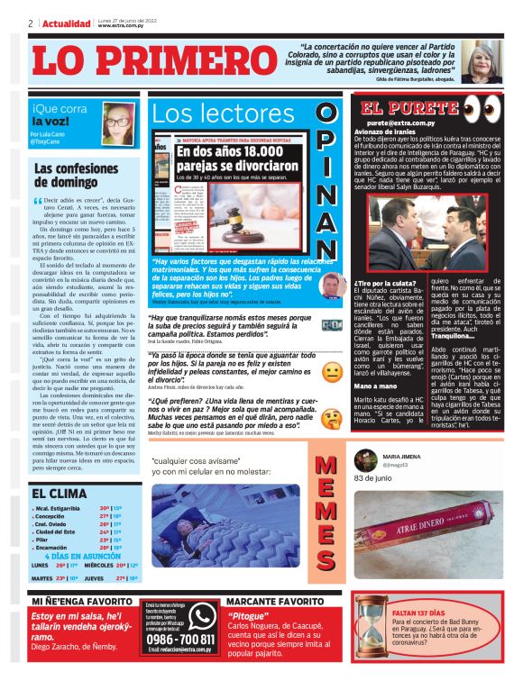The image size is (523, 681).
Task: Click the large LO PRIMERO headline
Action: [x=144, y=61]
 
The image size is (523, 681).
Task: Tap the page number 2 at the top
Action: [x=31, y=23]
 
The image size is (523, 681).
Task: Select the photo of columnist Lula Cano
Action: [x=118, y=122]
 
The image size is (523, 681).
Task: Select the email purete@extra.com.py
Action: [x=401, y=123]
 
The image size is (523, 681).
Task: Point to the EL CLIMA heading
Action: [x=60, y=494]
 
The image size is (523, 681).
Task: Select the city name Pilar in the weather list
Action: [x=42, y=539]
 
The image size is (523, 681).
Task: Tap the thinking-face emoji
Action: [x=331, y=418]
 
